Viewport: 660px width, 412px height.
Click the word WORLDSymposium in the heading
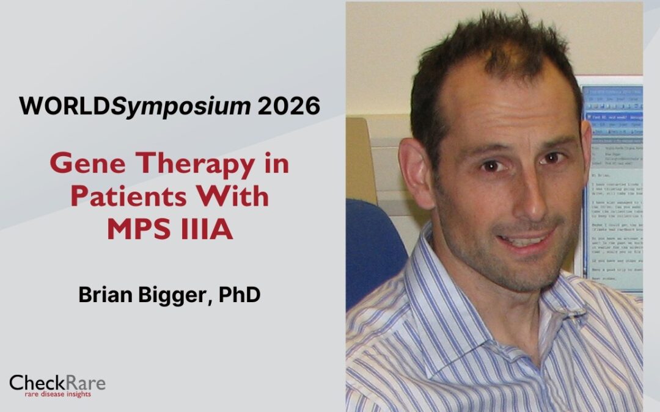click(135, 106)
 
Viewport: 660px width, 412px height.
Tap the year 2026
click(288, 106)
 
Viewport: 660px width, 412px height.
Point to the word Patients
click(132, 198)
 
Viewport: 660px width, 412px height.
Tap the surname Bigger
click(172, 295)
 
